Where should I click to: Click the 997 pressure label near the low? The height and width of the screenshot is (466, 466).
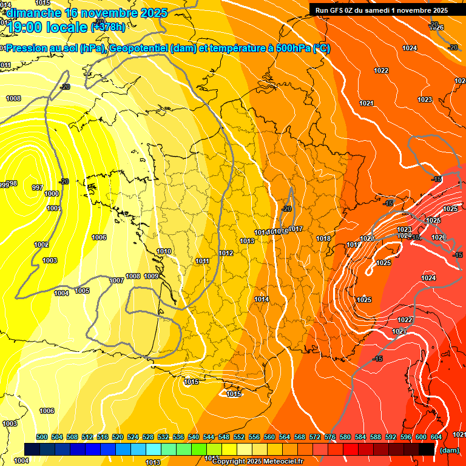37,187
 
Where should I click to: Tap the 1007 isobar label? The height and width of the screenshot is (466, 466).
116,280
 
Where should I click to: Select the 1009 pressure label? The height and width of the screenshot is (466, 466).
151,276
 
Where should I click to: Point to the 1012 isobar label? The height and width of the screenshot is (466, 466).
226,253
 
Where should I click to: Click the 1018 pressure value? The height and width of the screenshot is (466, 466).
323,238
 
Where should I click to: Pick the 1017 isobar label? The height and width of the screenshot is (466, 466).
295,229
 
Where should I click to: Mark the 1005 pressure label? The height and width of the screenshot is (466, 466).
82,291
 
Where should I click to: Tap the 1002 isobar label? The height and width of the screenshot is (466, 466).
41,245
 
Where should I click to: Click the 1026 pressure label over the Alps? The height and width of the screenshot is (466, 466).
438,237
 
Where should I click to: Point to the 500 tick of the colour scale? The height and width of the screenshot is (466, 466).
42,437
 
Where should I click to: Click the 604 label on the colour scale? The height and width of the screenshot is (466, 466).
436,437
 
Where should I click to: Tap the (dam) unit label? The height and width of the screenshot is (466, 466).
449,450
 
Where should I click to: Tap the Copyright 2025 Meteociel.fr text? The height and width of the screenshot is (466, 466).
257,461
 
